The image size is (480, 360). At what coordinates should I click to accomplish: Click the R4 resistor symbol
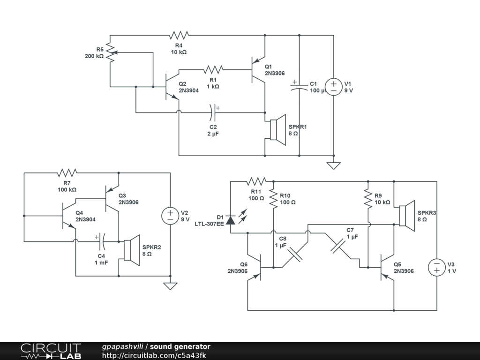(x=179, y=35)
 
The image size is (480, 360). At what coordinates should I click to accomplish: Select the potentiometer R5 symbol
(x=111, y=53)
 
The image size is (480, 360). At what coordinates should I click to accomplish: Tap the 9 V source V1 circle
(x=334, y=87)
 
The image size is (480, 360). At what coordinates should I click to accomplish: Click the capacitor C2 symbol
(x=213, y=112)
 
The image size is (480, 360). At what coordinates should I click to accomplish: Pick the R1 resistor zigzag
(x=213, y=70)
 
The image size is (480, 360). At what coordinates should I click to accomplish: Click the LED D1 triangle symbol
(x=230, y=219)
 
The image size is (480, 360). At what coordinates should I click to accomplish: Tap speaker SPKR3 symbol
(x=406, y=216)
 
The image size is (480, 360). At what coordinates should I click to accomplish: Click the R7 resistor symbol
(x=67, y=173)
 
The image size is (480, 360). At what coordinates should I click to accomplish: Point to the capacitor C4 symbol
(x=102, y=242)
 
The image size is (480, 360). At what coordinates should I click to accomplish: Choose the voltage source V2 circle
(x=170, y=216)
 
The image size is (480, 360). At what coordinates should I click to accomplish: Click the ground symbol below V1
(x=334, y=165)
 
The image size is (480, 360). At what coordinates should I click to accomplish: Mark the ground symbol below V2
(x=170, y=285)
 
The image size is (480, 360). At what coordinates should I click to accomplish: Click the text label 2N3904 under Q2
(x=188, y=90)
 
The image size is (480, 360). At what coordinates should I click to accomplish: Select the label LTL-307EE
(x=209, y=224)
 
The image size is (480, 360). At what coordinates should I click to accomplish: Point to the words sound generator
(x=180, y=347)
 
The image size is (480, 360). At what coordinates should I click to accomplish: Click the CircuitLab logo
(x=50, y=351)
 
